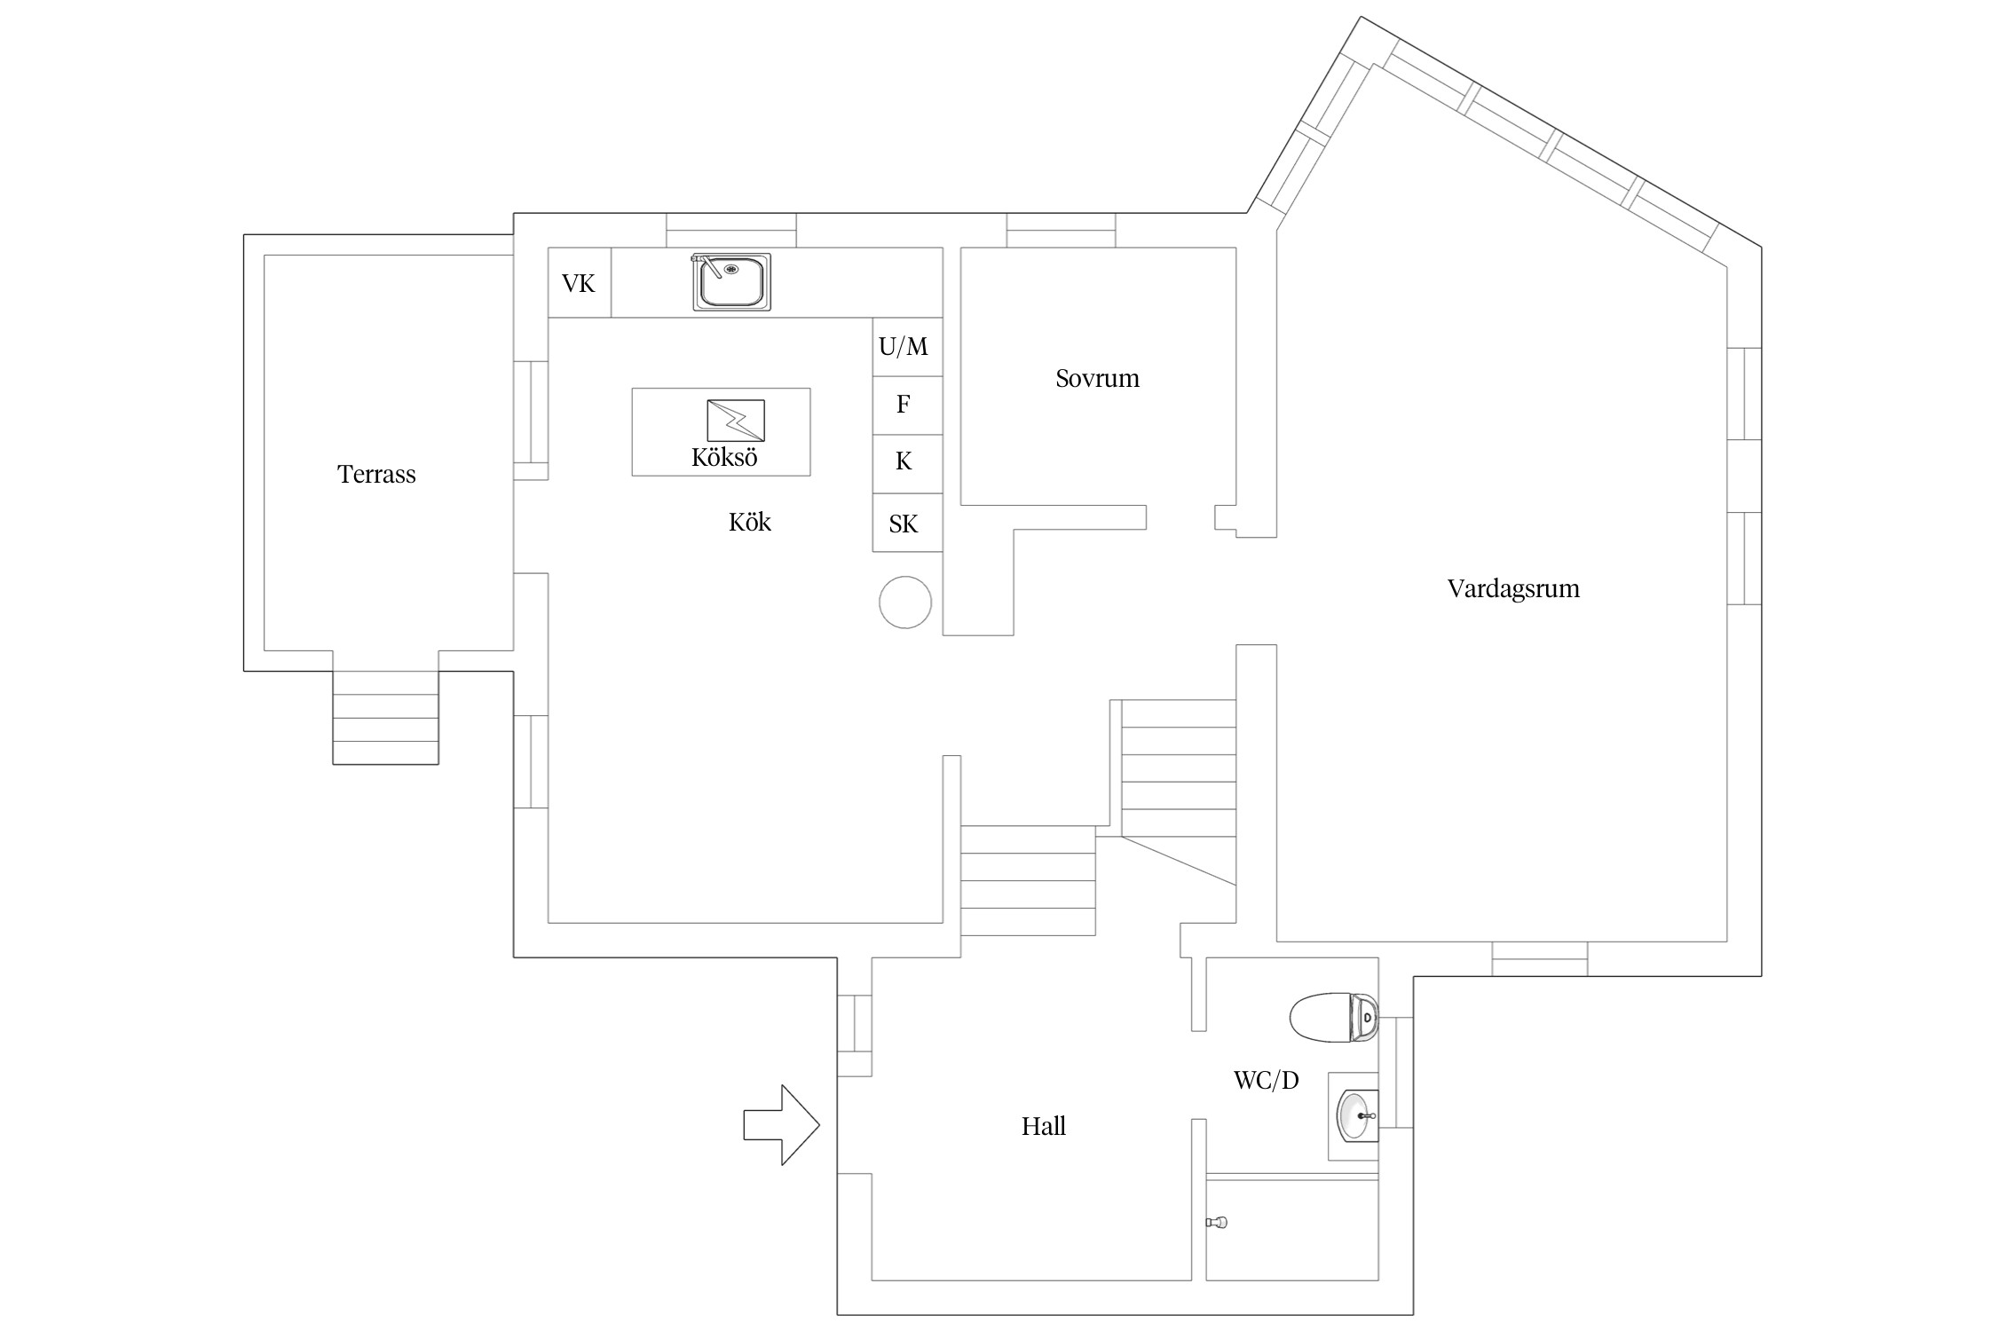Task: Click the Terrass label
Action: [376, 474]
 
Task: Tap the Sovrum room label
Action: [1097, 378]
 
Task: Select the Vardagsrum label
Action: [1513, 589]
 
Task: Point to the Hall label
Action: [1043, 1126]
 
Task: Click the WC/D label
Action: [1266, 1080]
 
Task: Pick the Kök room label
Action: [749, 522]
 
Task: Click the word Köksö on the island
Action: [724, 457]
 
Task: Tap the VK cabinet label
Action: [579, 283]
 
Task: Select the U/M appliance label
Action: [904, 346]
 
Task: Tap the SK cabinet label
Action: [904, 524]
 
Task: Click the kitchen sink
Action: [731, 281]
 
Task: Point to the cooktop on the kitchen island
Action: [735, 420]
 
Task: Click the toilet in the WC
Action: [1333, 1016]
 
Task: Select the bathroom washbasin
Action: [1356, 1115]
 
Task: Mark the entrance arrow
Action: [781, 1124]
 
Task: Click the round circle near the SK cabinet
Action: [905, 602]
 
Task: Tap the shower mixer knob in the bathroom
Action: [1216, 1223]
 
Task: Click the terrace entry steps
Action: [385, 717]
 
